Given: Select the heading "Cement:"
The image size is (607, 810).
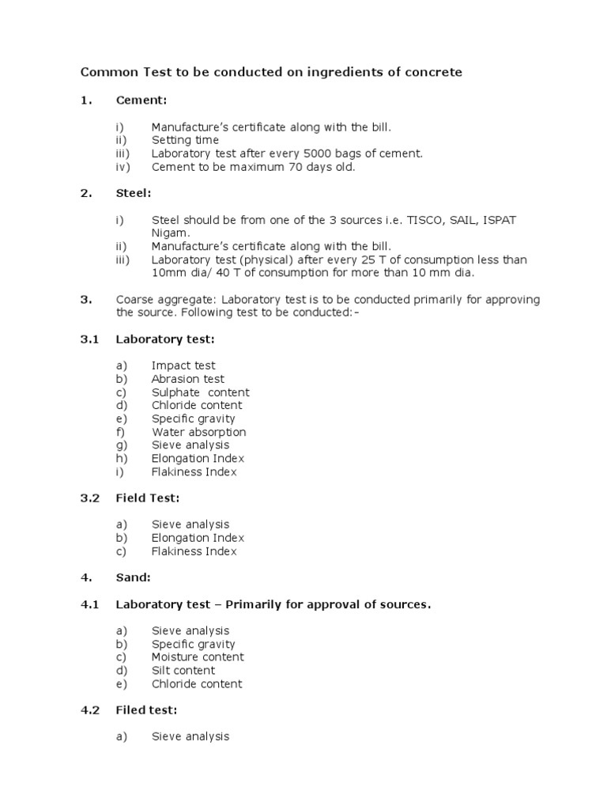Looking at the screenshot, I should (141, 100).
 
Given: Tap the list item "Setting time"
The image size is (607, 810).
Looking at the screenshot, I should (186, 140).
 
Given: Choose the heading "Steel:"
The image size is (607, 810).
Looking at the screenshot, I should (133, 194).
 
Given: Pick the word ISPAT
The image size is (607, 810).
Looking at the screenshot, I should (498, 220).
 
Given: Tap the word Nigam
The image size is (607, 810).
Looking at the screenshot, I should (171, 233).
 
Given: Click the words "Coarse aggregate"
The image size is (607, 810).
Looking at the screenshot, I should (166, 300).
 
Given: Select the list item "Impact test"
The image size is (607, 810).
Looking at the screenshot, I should (183, 365).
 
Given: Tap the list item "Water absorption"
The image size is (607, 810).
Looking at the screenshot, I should (199, 432).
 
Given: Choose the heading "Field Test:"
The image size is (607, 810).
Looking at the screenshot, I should (148, 498).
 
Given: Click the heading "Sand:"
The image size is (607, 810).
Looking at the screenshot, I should (133, 578).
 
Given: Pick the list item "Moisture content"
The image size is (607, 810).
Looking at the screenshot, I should (198, 657).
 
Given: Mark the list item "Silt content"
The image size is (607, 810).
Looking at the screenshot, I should (183, 671).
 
